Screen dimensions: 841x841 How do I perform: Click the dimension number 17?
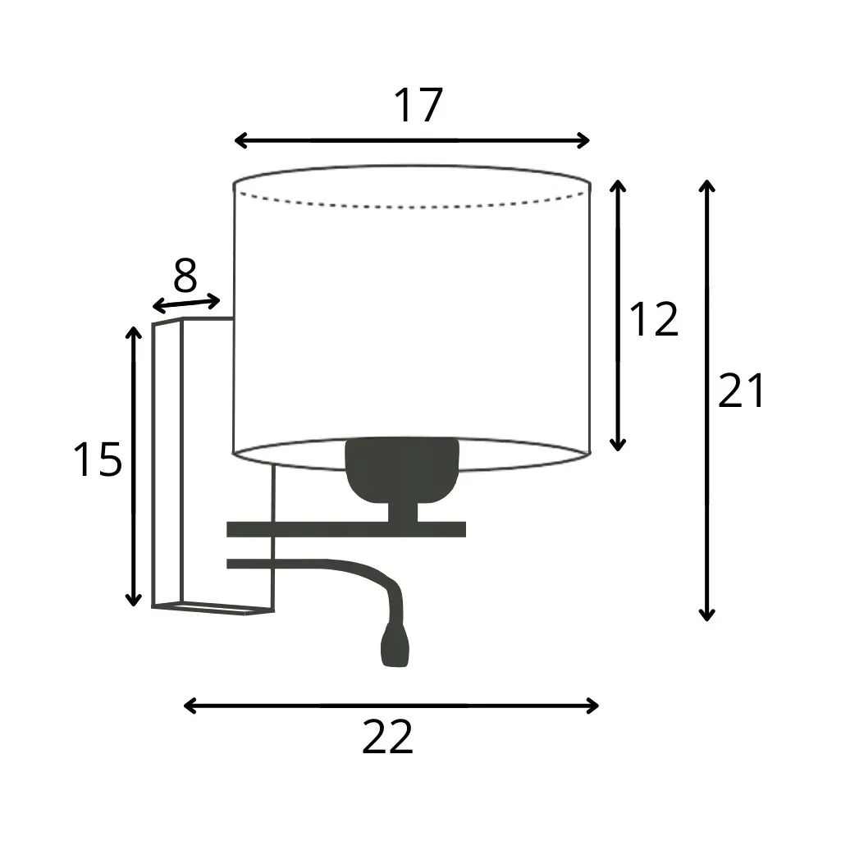[418, 105]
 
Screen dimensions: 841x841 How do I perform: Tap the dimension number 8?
[185, 276]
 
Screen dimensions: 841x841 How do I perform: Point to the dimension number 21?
[741, 390]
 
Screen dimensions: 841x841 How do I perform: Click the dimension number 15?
[98, 459]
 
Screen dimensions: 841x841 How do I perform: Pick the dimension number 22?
[388, 737]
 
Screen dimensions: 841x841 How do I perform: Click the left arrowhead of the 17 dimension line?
[240, 140]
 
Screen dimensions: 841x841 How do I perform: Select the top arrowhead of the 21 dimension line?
[707, 185]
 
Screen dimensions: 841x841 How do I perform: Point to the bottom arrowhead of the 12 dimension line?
[618, 445]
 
